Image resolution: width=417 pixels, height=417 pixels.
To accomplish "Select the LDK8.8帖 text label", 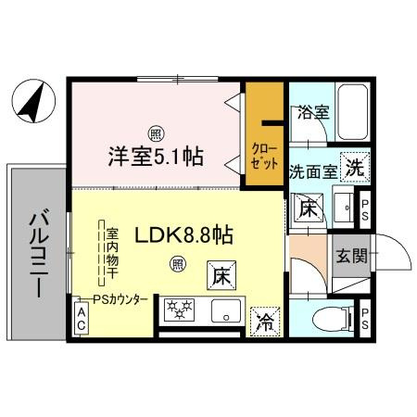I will coord(183,235).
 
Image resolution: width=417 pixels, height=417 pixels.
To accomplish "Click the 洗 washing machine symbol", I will coord(354,169).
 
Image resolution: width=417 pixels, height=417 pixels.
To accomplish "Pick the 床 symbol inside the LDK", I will coord(219,274).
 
